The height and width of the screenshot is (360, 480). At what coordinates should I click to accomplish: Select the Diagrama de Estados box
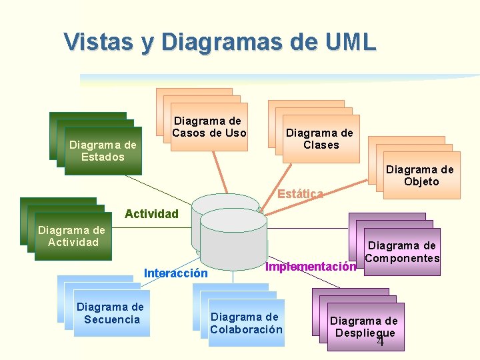(103, 151)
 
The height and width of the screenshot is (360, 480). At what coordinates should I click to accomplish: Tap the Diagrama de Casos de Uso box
(209, 127)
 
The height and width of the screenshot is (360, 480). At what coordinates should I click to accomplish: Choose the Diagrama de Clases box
(321, 139)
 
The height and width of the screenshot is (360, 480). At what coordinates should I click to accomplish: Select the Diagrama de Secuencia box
(110, 313)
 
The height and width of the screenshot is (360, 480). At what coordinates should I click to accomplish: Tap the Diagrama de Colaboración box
(246, 323)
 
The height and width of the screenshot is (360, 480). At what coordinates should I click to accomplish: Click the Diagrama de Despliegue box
(363, 327)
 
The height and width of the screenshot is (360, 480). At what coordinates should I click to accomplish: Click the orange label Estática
(300, 194)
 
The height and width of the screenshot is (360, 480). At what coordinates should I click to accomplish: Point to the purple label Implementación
(310, 267)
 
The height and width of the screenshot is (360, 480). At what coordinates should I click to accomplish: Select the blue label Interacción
(176, 273)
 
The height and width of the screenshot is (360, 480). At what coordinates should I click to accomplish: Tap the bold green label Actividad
(151, 214)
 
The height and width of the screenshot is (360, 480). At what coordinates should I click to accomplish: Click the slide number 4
(381, 342)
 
